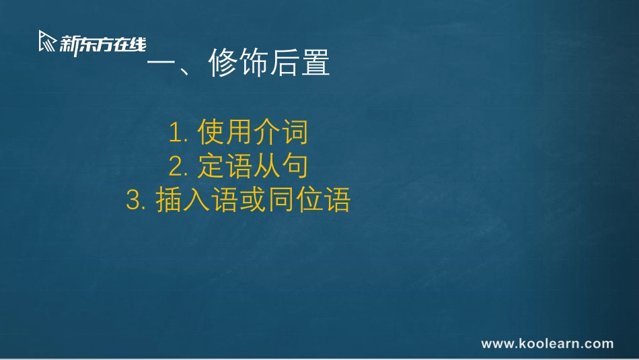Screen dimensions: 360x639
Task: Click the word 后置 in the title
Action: click(x=300, y=65)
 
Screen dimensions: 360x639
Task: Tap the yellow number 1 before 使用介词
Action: click(x=176, y=133)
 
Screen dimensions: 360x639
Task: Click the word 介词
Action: click(x=280, y=133)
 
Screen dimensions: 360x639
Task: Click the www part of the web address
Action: click(x=498, y=344)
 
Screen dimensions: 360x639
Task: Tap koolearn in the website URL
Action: click(x=550, y=344)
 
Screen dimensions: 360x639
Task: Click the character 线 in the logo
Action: click(x=137, y=44)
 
